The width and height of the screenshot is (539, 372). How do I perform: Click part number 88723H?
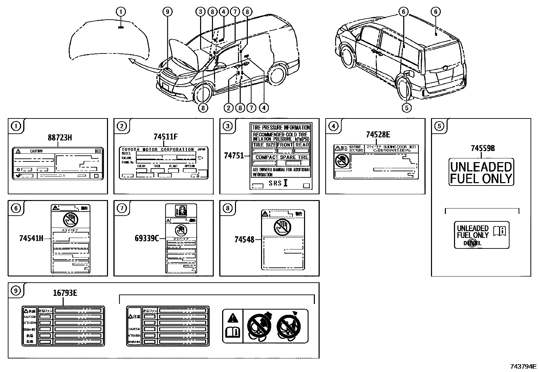[x=60, y=137]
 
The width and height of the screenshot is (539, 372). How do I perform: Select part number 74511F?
[x=165, y=137]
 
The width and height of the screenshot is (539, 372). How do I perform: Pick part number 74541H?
[x=31, y=239]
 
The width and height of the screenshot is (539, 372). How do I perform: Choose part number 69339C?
[x=147, y=239]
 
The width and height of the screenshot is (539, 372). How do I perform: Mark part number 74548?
[x=244, y=240]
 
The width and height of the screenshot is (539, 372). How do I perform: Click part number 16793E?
[x=65, y=293]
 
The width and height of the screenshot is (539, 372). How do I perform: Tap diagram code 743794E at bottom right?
[x=523, y=366]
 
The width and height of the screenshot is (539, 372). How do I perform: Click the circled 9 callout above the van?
[x=167, y=12]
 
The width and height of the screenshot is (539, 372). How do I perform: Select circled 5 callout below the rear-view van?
[x=406, y=108]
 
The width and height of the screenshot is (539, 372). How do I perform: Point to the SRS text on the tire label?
[x=275, y=183]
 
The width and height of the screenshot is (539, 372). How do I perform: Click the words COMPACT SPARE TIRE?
[x=282, y=157]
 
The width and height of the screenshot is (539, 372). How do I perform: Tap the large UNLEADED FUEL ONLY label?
[x=481, y=172]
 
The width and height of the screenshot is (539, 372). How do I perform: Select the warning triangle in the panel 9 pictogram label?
[x=233, y=318]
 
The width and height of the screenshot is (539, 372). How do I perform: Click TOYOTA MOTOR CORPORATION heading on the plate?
[x=158, y=149]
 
